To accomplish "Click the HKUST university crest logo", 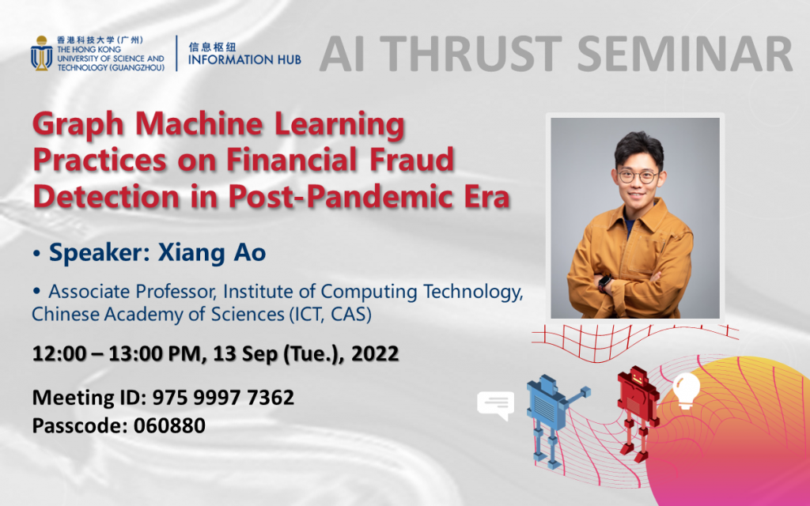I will pos(41,52).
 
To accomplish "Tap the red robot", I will pos(637,404).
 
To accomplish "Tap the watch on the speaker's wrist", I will pos(604,281).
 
